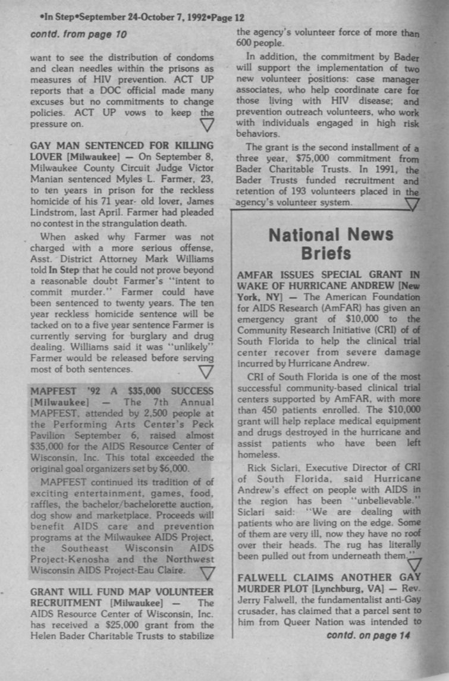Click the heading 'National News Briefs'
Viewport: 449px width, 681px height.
pos(331,244)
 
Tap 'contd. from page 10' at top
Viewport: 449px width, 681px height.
pos(79,34)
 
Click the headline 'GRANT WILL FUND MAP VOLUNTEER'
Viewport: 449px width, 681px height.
pos(122,592)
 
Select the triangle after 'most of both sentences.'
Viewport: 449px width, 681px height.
pos(206,372)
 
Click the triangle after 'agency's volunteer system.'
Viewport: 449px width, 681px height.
pos(411,205)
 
